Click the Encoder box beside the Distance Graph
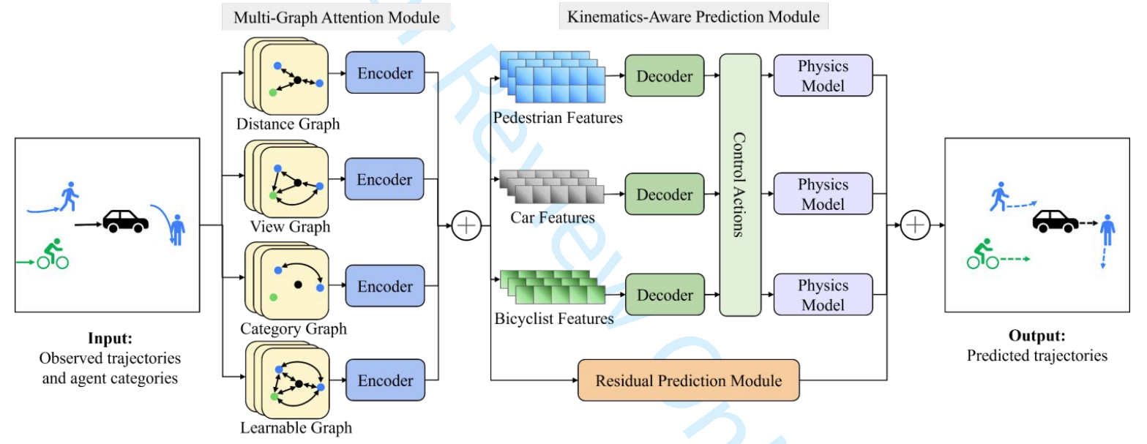point(385,72)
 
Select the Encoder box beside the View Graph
point(385,179)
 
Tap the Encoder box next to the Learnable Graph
point(385,380)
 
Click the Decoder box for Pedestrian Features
point(664,75)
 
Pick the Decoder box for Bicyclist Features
point(664,295)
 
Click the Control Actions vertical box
point(741,184)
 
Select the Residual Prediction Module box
point(688,380)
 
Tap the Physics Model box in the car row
point(823,194)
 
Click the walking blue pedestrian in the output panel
point(998,197)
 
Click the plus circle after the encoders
point(466,226)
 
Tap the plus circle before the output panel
point(914,225)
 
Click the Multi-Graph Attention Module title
point(336,18)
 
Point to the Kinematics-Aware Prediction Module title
point(693,16)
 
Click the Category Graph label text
point(293,329)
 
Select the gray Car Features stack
point(551,186)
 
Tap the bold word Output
point(1036,336)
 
